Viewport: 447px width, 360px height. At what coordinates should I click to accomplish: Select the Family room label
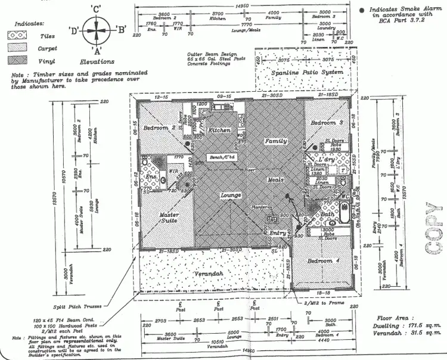pyautogui.click(x=276, y=141)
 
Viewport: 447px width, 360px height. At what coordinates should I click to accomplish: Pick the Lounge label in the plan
pyautogui.click(x=230, y=195)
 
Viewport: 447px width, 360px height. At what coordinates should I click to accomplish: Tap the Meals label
pyautogui.click(x=275, y=179)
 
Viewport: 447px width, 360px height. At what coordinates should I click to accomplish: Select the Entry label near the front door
pyautogui.click(x=277, y=232)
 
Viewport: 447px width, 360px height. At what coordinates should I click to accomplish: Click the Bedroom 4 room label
pyautogui.click(x=323, y=261)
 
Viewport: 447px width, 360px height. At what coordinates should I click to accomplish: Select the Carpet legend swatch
pyautogui.click(x=18, y=48)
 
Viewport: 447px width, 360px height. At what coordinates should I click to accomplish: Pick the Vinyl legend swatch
pyautogui.click(x=18, y=60)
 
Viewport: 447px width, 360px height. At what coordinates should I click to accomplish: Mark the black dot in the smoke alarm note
pyautogui.click(x=364, y=10)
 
